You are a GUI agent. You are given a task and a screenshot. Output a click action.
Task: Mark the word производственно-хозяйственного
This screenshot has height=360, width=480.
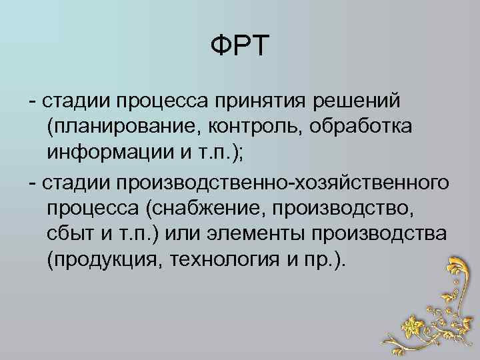[x=281, y=183]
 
